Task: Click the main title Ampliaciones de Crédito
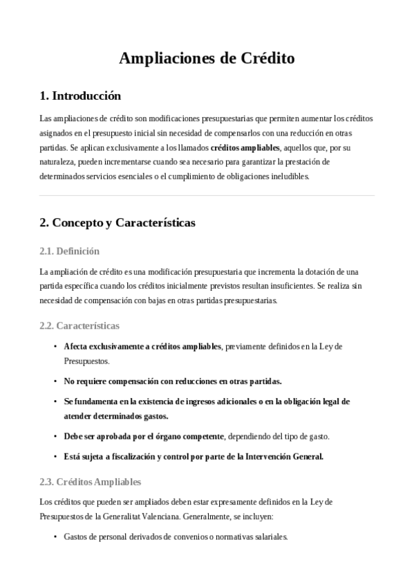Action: tap(207, 59)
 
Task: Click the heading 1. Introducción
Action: tap(80, 96)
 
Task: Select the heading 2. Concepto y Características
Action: tap(117, 223)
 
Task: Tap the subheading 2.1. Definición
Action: tap(70, 251)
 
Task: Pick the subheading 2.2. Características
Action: tap(79, 325)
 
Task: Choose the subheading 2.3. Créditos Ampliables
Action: tap(91, 481)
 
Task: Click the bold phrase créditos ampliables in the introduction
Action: tap(245, 147)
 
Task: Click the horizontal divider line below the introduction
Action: tap(207, 196)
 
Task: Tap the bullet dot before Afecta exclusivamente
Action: tap(55, 346)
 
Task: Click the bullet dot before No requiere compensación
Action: tap(55, 381)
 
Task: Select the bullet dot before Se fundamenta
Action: tap(55, 401)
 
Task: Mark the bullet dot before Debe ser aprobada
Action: tap(55, 437)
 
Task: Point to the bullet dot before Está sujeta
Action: tap(55, 457)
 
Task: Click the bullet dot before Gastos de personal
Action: tap(55, 537)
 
